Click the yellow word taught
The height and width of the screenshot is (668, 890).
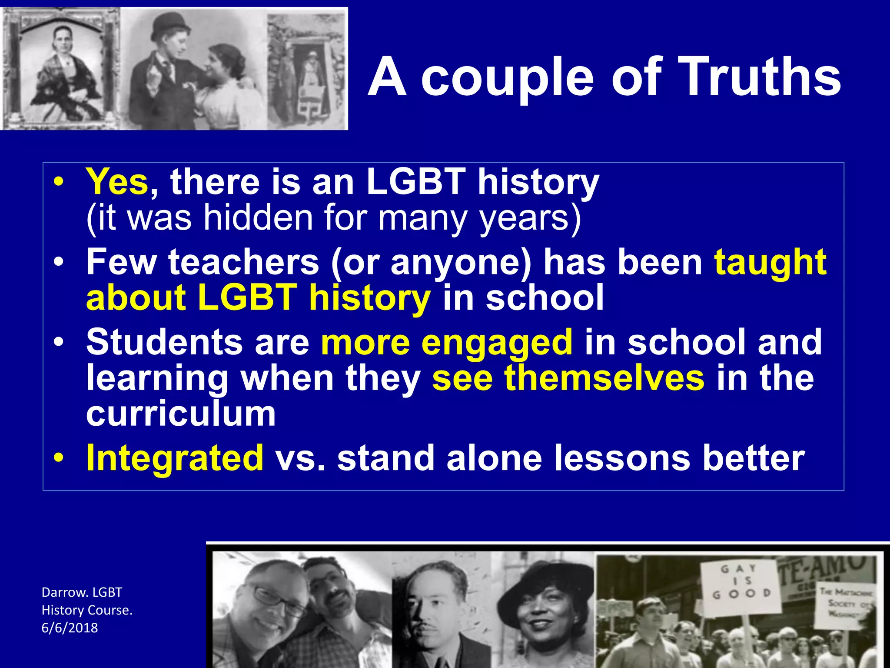pos(770,263)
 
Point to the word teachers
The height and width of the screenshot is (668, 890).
pos(244,262)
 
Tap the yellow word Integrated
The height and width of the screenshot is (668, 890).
pos(175,458)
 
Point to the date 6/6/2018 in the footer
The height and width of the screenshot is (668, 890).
pos(70,628)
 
